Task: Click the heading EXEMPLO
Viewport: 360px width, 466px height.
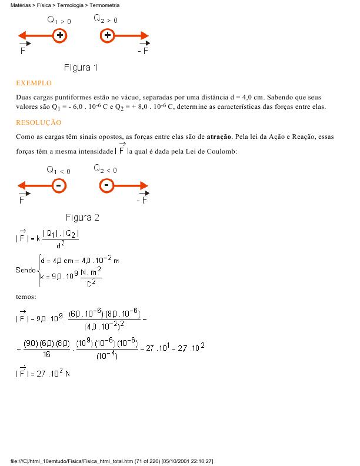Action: [34, 84]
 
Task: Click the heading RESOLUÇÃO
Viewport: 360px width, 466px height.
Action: [39, 122]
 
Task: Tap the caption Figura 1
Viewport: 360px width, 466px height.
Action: [81, 68]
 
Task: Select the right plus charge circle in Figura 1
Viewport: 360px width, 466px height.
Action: [107, 36]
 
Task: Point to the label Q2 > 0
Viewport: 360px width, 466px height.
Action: [106, 19]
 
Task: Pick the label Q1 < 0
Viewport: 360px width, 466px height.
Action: [59, 171]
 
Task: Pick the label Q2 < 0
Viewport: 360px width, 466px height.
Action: [106, 169]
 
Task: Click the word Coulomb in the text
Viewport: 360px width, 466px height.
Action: [221, 152]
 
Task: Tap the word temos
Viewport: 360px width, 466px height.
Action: [26, 297]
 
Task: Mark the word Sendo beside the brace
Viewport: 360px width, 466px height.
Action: [25, 269]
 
